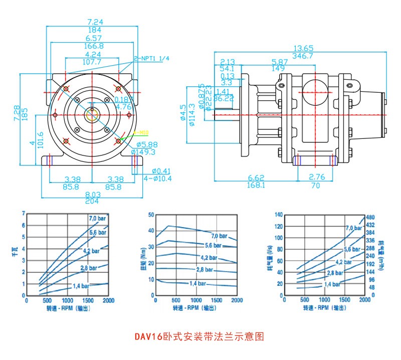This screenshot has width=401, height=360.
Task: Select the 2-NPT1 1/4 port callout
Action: point(151,58)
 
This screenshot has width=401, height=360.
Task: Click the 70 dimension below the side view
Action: point(315,185)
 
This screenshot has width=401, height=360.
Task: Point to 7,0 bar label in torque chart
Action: point(219,236)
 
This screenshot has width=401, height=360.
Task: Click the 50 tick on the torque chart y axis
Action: point(151,215)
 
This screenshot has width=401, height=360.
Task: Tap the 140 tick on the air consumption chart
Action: point(279,215)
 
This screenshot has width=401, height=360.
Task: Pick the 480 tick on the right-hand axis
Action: point(371,217)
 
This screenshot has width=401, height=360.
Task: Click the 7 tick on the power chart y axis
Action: point(23,214)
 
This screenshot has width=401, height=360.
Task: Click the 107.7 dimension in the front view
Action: point(92,62)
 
